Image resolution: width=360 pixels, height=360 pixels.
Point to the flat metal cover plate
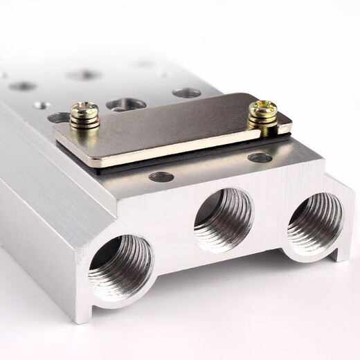pos(173,132)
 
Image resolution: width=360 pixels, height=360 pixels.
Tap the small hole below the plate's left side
pos(161,177)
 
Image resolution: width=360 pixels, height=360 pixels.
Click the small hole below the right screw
pos(260,158)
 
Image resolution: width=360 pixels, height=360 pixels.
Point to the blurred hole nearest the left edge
pos(23,86)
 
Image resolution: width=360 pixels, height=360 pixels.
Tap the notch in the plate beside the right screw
pos(283,126)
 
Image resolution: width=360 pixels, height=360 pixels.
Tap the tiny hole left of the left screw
pos(42,106)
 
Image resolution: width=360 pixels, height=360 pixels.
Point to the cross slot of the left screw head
pos(84,110)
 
